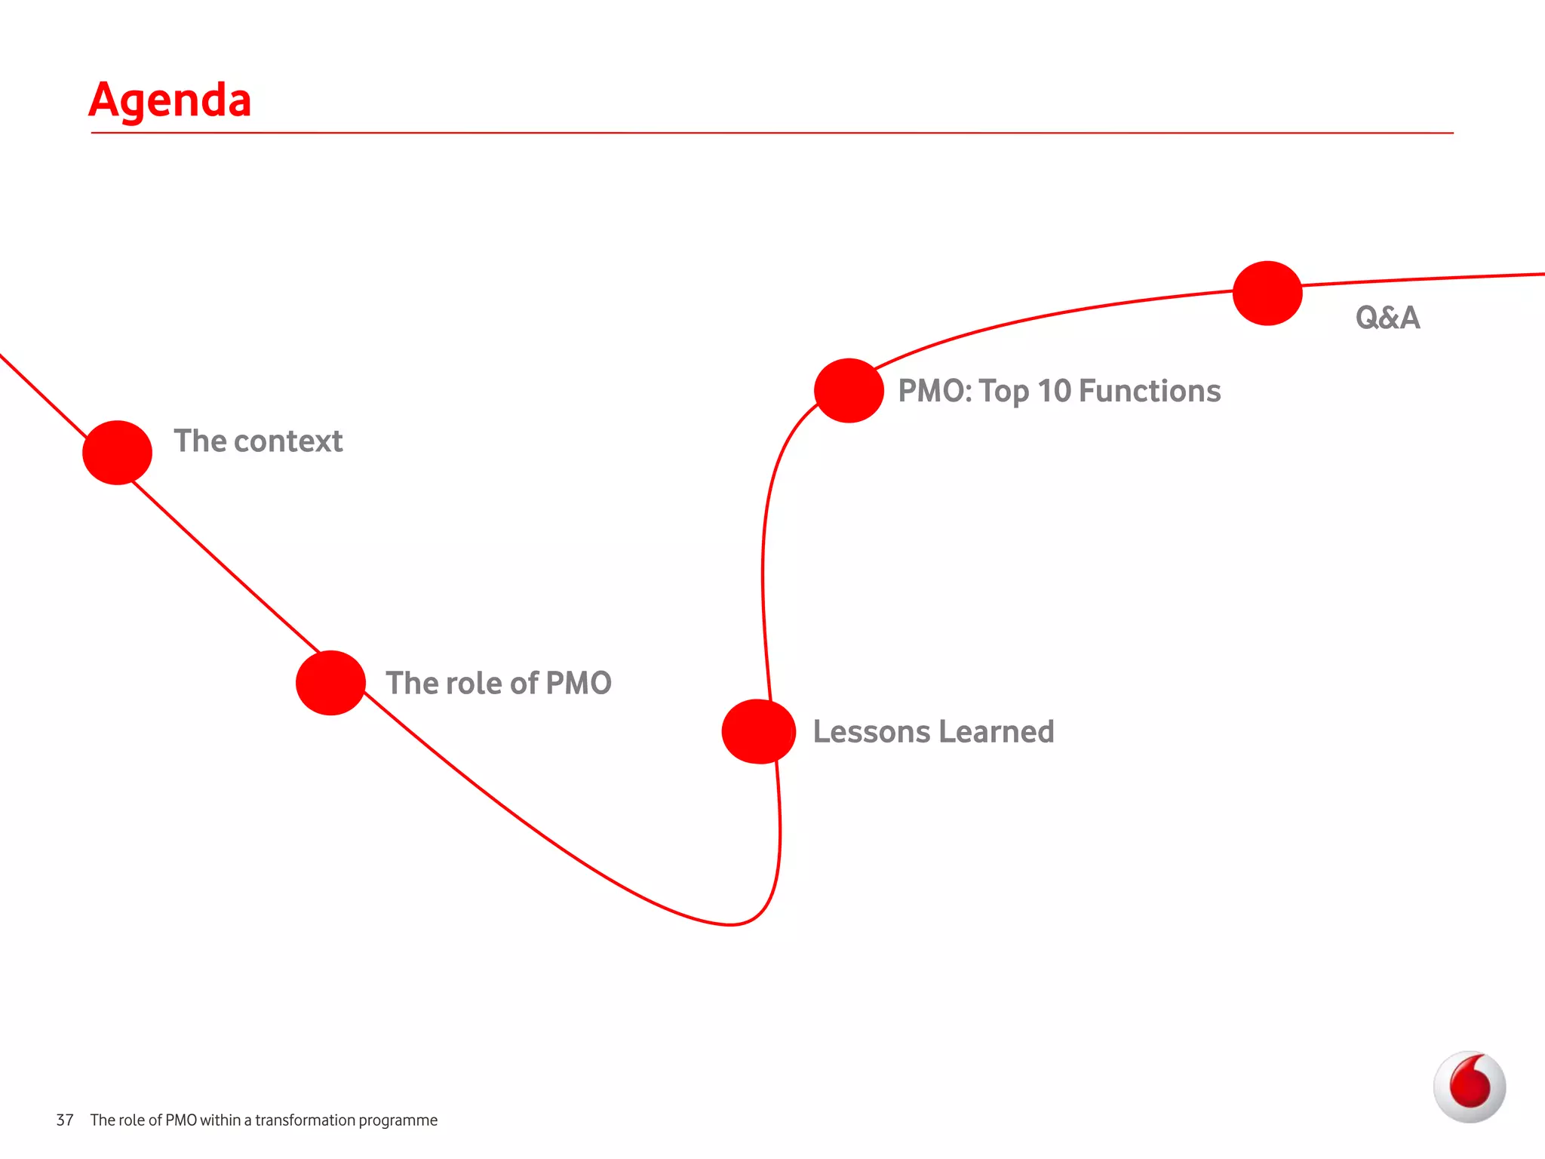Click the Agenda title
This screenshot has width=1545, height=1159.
point(170,100)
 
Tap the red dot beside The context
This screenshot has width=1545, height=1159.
point(117,452)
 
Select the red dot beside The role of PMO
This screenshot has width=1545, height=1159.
point(330,682)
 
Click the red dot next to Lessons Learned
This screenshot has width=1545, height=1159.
point(758,731)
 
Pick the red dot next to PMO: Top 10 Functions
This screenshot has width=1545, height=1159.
point(849,390)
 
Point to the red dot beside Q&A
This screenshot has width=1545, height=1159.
point(1267,293)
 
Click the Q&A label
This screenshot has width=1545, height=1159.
point(1387,318)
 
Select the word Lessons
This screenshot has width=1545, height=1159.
point(871,732)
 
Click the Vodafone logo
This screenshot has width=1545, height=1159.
point(1469,1087)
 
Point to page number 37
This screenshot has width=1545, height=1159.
point(65,1120)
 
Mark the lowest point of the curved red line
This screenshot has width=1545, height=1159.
point(730,924)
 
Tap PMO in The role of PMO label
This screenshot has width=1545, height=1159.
point(578,684)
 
